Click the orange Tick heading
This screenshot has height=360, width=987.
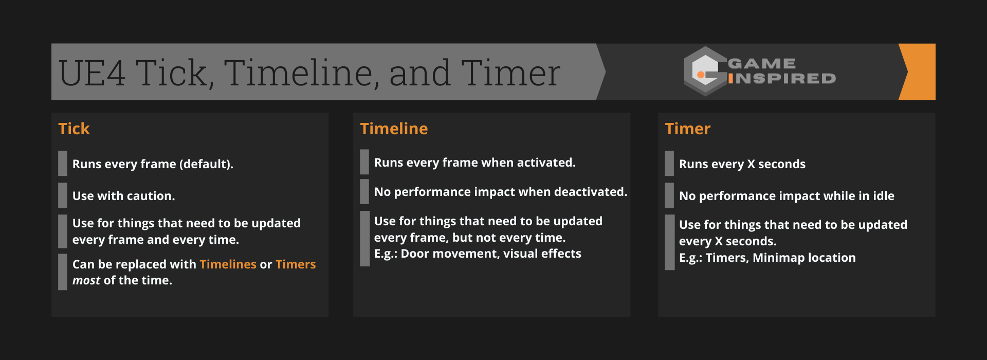coord(74,129)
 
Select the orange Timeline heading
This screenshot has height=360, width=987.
coord(394,129)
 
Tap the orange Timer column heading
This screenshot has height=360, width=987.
coord(687,129)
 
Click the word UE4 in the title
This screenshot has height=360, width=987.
coord(93,73)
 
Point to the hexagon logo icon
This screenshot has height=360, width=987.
coord(705,71)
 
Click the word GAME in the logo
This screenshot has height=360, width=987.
coord(762,63)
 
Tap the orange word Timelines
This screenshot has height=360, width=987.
coord(228,264)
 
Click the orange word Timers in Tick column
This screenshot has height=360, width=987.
coord(296,264)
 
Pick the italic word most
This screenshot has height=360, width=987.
coord(86,281)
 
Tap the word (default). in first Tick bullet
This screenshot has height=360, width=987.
coord(206,164)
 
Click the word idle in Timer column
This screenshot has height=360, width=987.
coord(883,196)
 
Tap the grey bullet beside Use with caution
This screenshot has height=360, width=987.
coord(63,195)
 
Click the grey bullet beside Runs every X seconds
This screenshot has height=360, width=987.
coord(669,164)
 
